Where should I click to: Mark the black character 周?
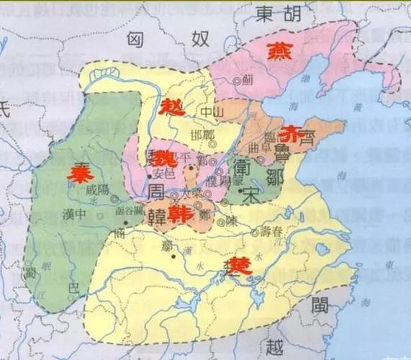pyautogui.click(x=160, y=191)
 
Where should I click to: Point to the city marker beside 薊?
pyautogui.click(x=238, y=81)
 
